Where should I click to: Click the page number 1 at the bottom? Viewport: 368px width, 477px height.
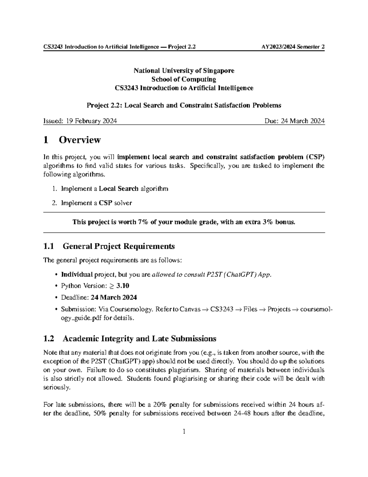click(x=184, y=432)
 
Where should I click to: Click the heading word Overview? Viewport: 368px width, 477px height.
click(x=80, y=140)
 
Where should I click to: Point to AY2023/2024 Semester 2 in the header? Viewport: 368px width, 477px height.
click(x=293, y=47)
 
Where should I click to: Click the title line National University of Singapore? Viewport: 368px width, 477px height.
click(x=184, y=71)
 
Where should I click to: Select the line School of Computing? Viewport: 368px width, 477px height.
click(x=184, y=79)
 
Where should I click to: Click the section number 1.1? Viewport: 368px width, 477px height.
click(x=49, y=246)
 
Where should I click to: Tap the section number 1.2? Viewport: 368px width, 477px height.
click(x=49, y=339)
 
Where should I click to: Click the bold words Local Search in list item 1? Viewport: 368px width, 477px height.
click(x=119, y=189)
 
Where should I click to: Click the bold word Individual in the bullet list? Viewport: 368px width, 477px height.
click(x=77, y=275)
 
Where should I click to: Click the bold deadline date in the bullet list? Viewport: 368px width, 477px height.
click(x=114, y=298)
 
